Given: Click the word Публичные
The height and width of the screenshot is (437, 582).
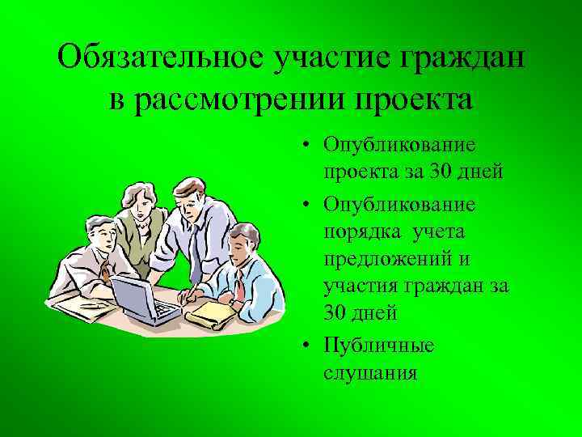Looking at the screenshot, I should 378,346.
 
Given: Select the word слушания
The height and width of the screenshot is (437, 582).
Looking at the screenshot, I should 369,373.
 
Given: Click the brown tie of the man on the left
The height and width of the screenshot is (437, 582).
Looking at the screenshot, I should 104,269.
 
